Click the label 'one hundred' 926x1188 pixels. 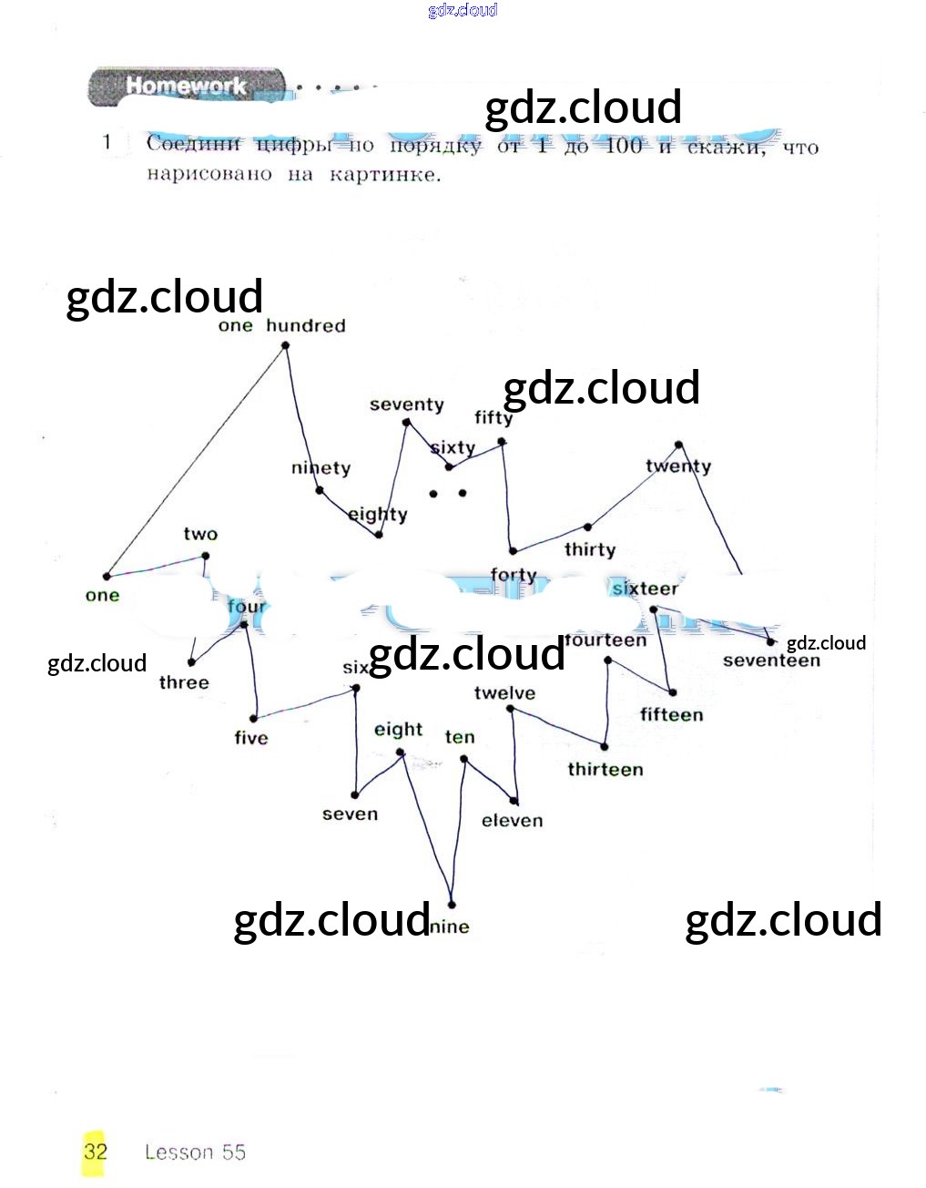coord(281,325)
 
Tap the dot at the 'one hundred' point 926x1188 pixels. coord(285,345)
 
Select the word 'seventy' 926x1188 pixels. coord(406,405)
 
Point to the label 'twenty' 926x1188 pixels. coord(678,466)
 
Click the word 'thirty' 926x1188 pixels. coord(589,549)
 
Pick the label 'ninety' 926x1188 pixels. coord(321,468)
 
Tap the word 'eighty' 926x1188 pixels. coord(377,514)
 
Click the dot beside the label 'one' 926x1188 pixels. coord(107,576)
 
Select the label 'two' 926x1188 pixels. coord(200,534)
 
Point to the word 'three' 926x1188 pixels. coord(184,682)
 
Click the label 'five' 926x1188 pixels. coord(251,737)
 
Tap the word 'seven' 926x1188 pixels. coord(350,814)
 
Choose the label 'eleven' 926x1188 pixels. coord(512,821)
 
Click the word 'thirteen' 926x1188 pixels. coord(605,769)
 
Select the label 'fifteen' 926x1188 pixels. coord(671,714)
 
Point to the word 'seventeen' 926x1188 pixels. coord(771,661)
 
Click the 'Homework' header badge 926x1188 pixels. coord(186,87)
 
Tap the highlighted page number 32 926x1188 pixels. coord(95,1151)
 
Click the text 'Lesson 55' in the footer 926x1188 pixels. coord(195,1152)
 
